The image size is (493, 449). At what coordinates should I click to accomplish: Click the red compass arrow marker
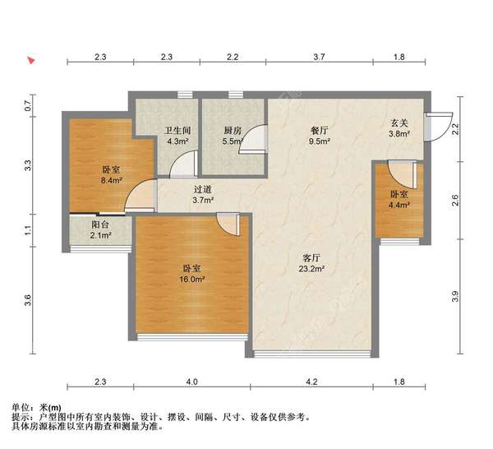(x=31, y=60)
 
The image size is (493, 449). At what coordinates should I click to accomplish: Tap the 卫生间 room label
(x=177, y=130)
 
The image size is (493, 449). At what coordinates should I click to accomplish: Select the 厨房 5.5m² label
(x=233, y=136)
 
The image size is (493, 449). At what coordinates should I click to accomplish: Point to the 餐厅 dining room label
(x=319, y=130)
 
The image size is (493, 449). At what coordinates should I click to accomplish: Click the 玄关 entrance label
(x=399, y=123)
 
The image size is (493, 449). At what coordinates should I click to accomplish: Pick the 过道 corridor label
(x=202, y=189)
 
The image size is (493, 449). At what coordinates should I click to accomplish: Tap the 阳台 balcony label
(x=100, y=224)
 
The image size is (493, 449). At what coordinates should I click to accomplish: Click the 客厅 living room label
(x=311, y=258)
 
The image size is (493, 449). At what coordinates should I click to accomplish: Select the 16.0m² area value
(x=192, y=279)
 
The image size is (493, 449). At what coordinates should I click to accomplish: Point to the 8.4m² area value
(x=111, y=180)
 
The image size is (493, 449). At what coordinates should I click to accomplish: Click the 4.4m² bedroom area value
(x=399, y=205)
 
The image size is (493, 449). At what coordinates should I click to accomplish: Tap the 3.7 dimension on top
(x=319, y=57)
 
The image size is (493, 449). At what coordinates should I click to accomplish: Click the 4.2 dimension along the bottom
(x=311, y=382)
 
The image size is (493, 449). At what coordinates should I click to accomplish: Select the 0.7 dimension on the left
(x=28, y=106)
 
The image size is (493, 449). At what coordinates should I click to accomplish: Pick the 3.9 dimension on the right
(x=455, y=296)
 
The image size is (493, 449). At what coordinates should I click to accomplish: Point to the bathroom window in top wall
(x=185, y=95)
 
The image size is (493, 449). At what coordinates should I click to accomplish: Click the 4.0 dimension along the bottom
(x=191, y=382)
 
